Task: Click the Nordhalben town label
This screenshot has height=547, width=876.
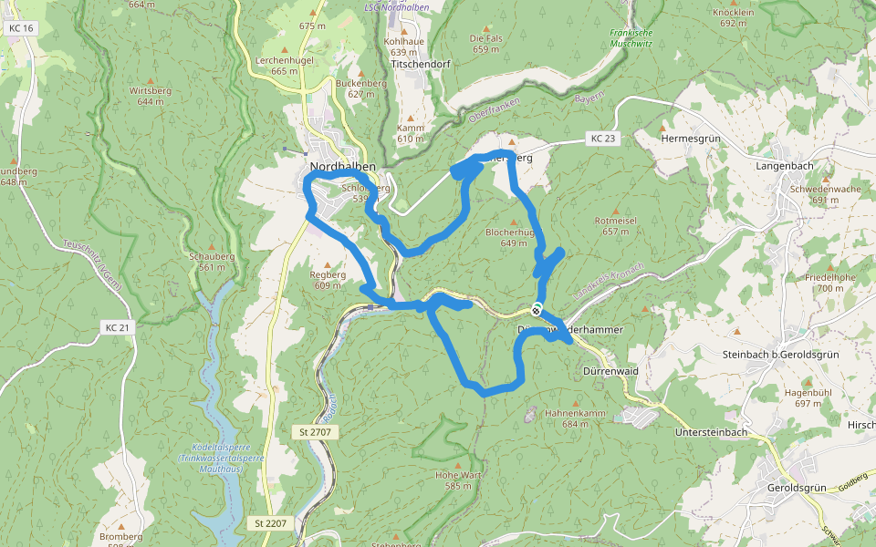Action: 343,166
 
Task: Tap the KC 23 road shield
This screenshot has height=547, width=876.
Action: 603,139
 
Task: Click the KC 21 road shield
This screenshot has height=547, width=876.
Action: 118,327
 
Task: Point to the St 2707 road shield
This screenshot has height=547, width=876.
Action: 316,430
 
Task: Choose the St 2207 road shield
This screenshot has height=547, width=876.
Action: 270,523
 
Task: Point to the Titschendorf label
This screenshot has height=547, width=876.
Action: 421,66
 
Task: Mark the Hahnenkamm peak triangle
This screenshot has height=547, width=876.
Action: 575,402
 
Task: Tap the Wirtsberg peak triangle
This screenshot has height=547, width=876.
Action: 150,80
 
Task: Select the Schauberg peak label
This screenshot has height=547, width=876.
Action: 211,256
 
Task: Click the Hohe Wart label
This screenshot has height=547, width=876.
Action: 458,475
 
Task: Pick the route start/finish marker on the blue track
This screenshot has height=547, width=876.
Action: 537,309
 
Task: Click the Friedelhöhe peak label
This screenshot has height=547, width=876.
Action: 830,276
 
